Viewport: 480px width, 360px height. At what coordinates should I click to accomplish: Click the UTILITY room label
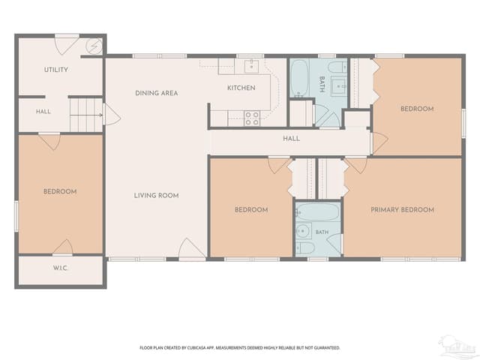[x=56, y=70]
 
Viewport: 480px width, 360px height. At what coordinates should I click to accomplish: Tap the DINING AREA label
[x=157, y=93]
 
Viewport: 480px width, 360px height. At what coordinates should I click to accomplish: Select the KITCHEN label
[x=241, y=88]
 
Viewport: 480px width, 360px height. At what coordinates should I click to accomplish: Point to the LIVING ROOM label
[x=156, y=195]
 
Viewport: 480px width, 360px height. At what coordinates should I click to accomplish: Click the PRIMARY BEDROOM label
[x=402, y=210]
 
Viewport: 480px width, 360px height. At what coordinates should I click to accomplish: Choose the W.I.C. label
[x=60, y=268]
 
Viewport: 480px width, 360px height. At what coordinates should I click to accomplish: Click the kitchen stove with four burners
[x=252, y=118]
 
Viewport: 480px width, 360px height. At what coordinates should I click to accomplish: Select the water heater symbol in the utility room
[x=94, y=46]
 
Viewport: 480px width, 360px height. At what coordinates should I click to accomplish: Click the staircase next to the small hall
[x=86, y=115]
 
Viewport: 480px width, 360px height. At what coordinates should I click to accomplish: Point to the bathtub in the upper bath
[x=299, y=78]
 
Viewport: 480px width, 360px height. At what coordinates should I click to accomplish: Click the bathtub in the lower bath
[x=317, y=211]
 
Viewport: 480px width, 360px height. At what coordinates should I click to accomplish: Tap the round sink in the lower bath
[x=303, y=230]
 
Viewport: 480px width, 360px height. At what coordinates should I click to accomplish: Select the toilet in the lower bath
[x=305, y=247]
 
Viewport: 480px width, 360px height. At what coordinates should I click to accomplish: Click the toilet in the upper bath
[x=337, y=67]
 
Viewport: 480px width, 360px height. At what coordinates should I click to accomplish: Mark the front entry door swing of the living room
[x=191, y=250]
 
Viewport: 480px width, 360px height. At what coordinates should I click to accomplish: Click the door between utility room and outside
[x=67, y=44]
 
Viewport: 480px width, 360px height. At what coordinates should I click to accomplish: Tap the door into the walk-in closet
[x=63, y=247]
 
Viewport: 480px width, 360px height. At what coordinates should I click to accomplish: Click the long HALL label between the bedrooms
[x=292, y=139]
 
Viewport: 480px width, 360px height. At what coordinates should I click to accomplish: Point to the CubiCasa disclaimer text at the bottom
[x=240, y=348]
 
